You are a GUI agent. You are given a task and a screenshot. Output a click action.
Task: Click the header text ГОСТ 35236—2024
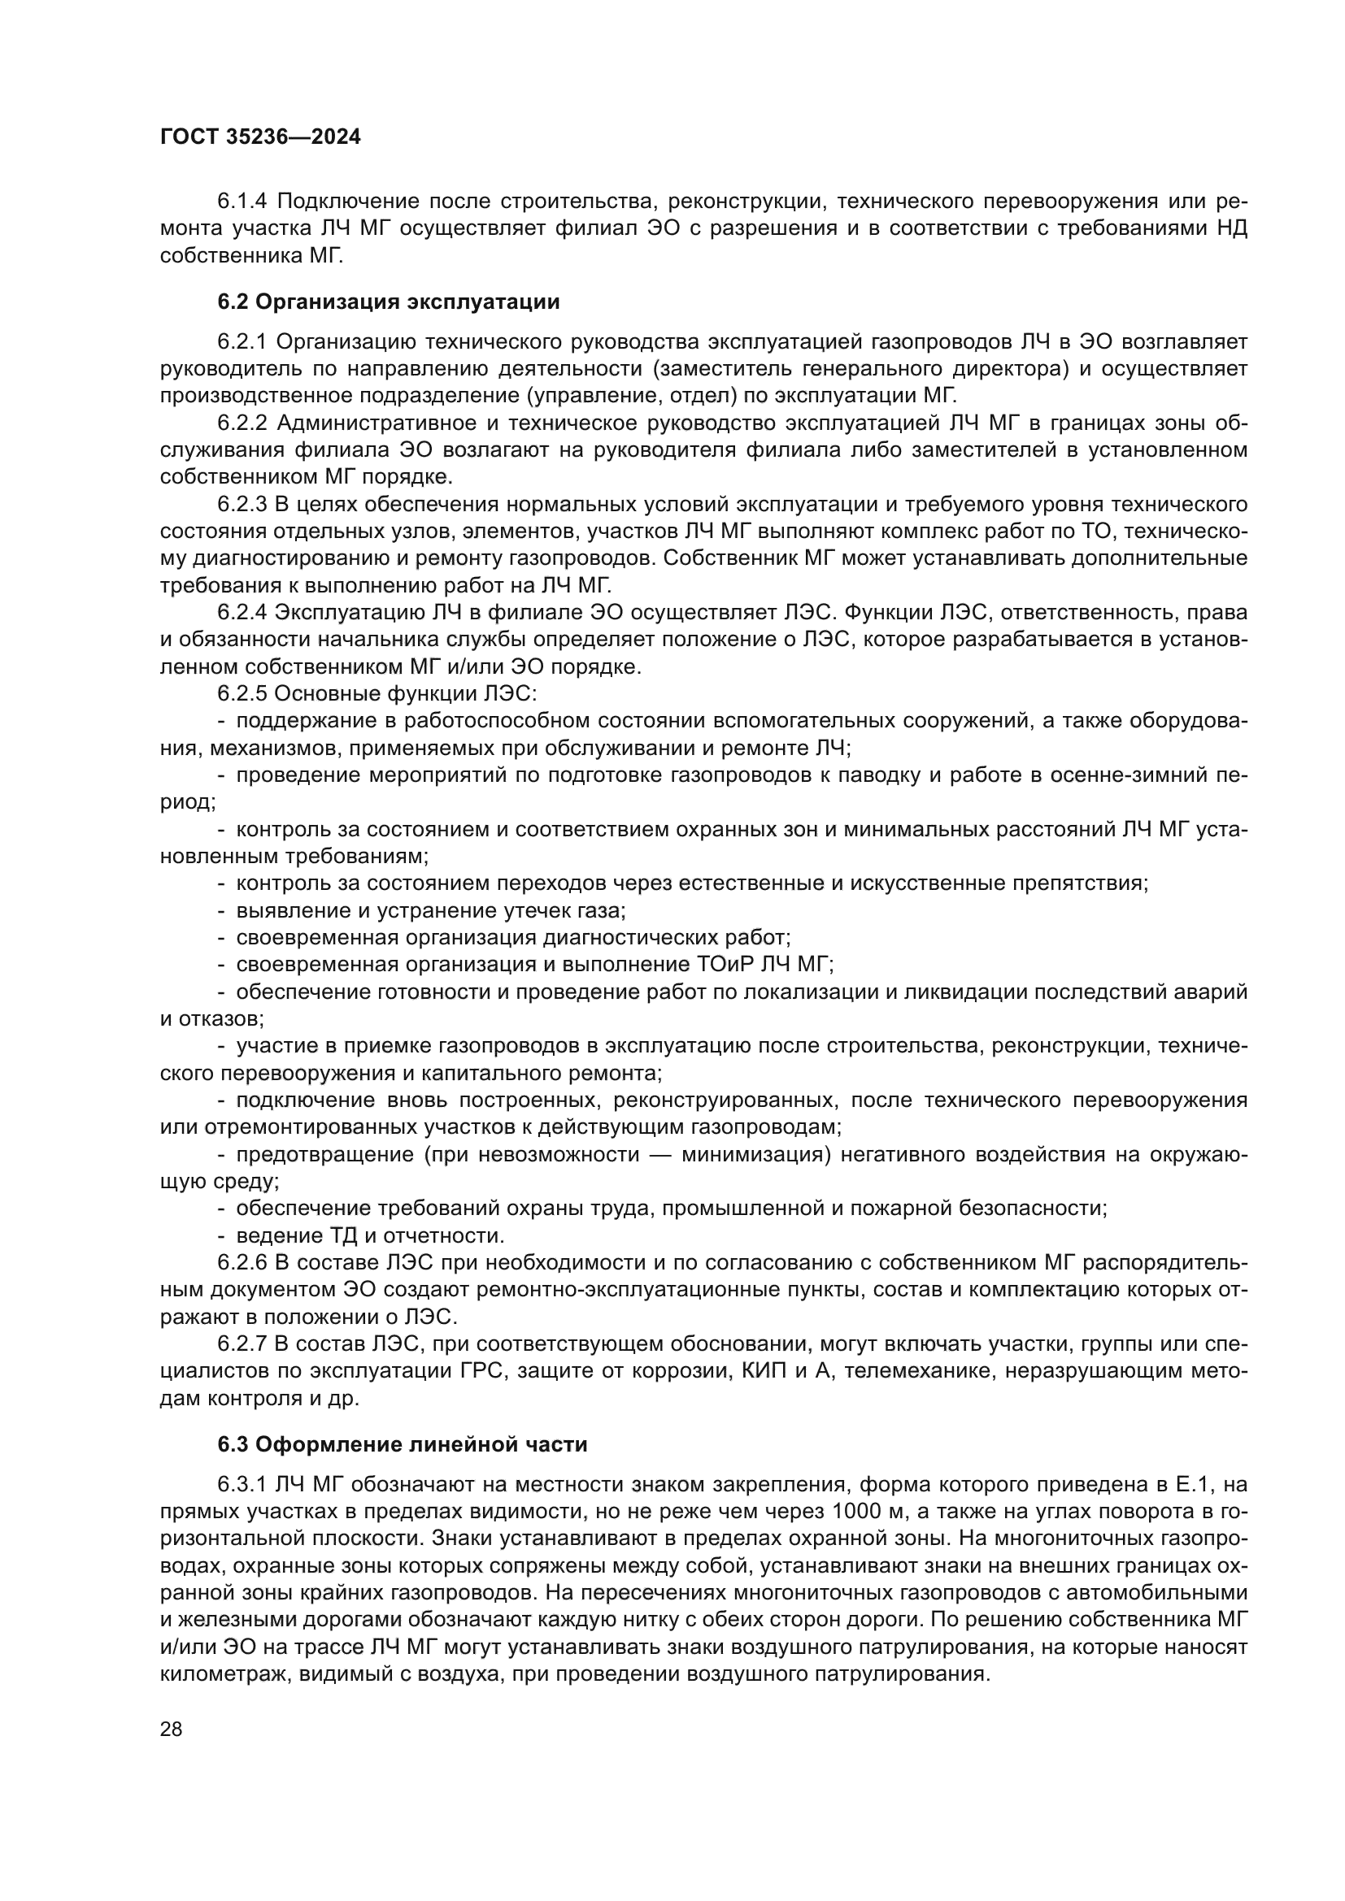point(260,137)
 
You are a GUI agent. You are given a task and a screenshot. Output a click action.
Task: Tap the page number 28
point(172,1729)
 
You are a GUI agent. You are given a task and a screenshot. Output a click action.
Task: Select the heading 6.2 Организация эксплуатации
point(389,302)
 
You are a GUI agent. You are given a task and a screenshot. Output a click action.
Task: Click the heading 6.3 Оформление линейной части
point(403,1444)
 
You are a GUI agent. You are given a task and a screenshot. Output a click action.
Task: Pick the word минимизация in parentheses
point(756,1155)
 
